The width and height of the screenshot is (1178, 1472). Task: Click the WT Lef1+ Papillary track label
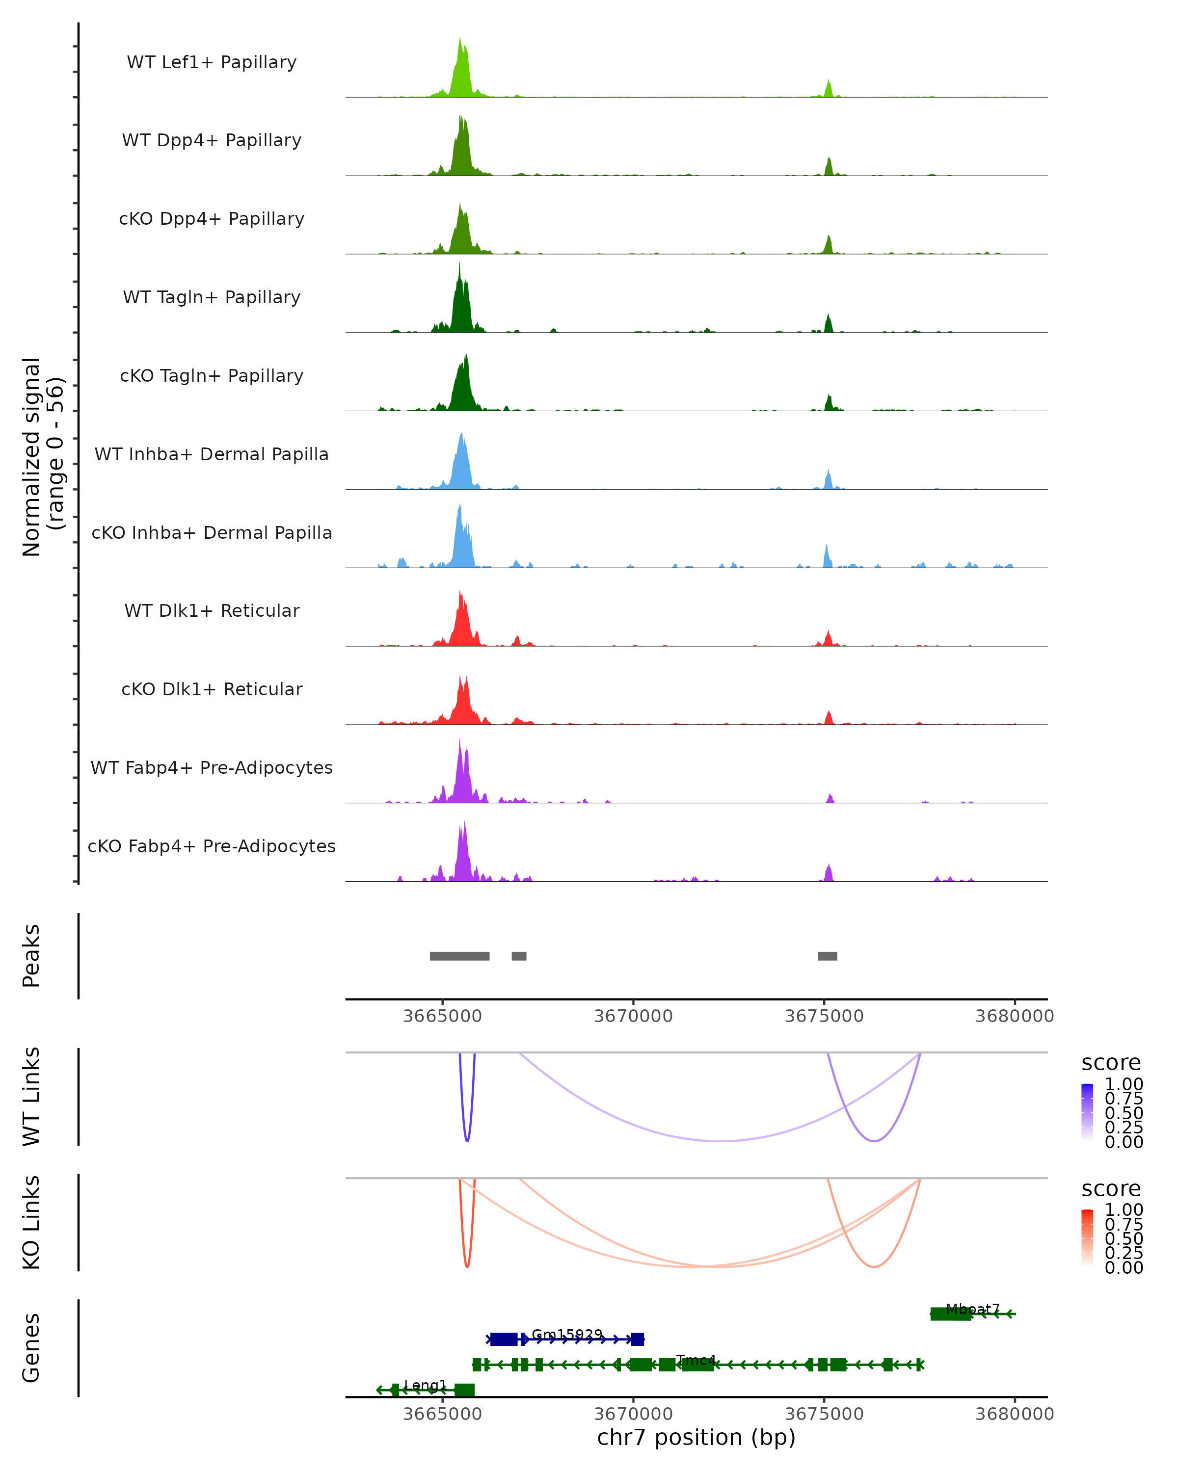point(212,62)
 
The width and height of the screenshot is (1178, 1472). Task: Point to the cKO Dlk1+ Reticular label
point(212,689)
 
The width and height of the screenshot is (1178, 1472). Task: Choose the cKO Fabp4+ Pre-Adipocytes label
point(212,846)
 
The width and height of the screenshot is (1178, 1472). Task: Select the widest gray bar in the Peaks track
point(459,956)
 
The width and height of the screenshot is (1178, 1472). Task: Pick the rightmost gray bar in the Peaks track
point(827,956)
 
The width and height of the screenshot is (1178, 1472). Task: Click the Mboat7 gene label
point(972,1309)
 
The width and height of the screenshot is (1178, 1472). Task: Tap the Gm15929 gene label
point(567,1334)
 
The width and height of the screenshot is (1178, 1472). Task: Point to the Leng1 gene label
point(425,1385)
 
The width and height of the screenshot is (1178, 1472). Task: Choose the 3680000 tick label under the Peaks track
point(1014,1016)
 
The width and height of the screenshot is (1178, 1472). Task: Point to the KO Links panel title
point(31,1222)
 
